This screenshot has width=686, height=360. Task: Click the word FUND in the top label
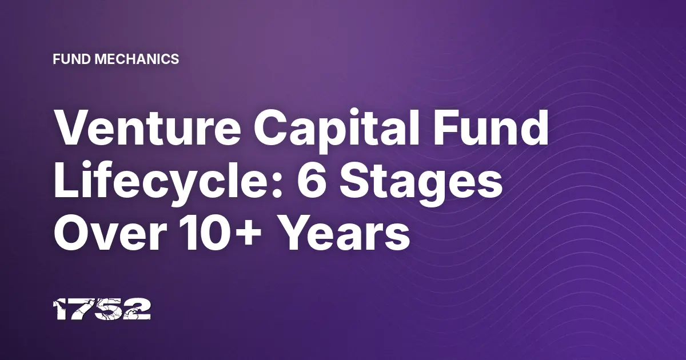[72, 59]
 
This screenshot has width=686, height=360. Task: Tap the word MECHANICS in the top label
[137, 59]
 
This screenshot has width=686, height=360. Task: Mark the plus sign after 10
[250, 235]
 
